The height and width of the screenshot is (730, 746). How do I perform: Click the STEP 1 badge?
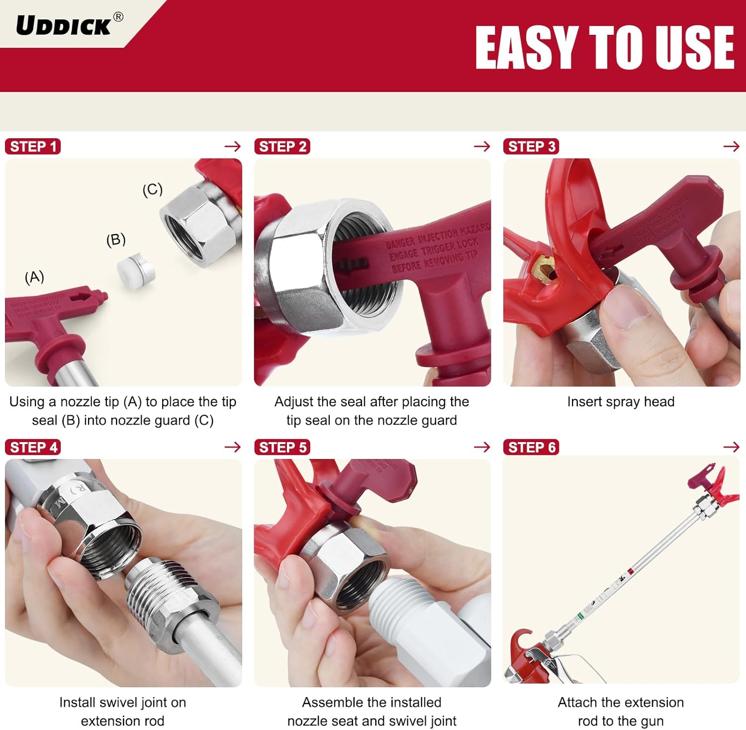point(33,147)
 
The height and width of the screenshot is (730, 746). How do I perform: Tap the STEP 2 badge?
point(282,147)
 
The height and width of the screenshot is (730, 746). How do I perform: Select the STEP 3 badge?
point(531,147)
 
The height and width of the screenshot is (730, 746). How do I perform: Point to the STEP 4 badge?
point(33,447)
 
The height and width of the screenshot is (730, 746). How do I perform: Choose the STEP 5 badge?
point(282,447)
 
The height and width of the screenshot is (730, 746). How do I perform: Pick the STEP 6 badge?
point(531,447)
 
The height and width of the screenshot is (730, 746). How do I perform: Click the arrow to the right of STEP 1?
point(232,146)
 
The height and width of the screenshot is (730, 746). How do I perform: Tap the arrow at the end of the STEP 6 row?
point(731,447)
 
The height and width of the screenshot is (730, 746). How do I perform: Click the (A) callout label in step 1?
point(34,277)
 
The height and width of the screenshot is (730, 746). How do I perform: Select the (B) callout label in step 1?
point(116,240)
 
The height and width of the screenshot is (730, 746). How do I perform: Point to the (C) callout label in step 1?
point(152,189)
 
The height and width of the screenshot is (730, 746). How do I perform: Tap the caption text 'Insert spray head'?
point(621,402)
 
